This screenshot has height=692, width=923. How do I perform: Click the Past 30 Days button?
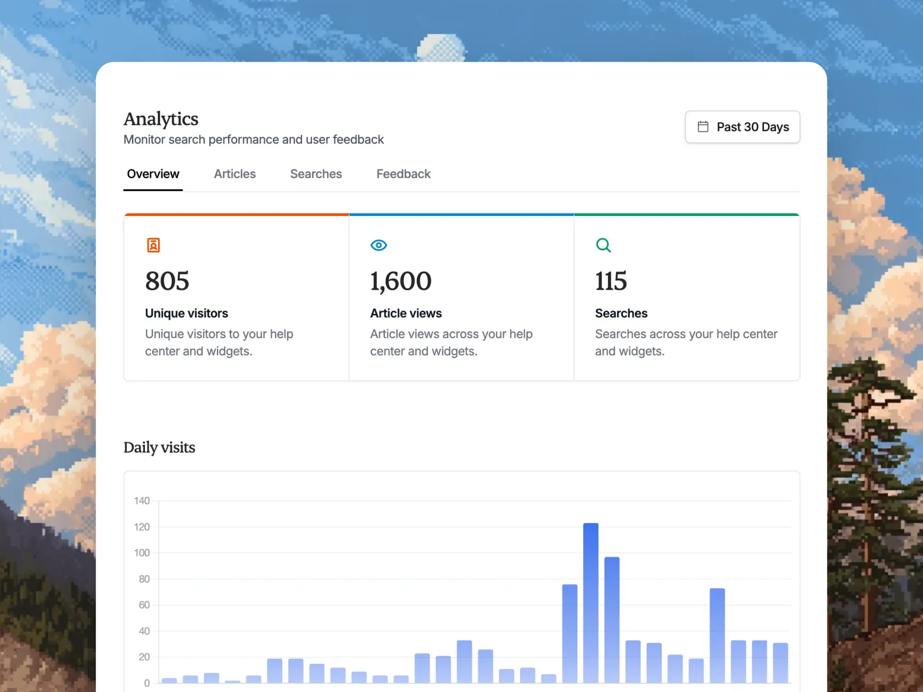pyautogui.click(x=742, y=127)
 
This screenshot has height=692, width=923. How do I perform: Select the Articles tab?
pyautogui.click(x=234, y=174)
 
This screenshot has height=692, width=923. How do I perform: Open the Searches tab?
pyautogui.click(x=316, y=174)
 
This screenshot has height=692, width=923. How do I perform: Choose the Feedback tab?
pyautogui.click(x=403, y=174)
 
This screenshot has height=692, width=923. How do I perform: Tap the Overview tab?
pyautogui.click(x=153, y=174)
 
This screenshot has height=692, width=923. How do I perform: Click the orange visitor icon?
pyautogui.click(x=153, y=245)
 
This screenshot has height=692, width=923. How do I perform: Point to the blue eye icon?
pyautogui.click(x=378, y=245)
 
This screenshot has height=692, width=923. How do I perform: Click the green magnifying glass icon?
pyautogui.click(x=603, y=245)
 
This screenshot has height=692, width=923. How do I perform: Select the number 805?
pyautogui.click(x=167, y=281)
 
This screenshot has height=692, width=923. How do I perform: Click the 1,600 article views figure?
pyautogui.click(x=401, y=281)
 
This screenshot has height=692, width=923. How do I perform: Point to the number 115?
pyautogui.click(x=611, y=281)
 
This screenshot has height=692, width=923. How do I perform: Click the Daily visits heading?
pyautogui.click(x=159, y=447)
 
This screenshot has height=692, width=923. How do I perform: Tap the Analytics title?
pyautogui.click(x=161, y=119)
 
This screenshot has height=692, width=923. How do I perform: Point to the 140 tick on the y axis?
pyautogui.click(x=142, y=501)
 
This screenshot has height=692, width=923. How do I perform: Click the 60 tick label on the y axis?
pyautogui.click(x=144, y=605)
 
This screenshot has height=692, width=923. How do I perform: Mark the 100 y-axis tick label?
pyautogui.click(x=142, y=553)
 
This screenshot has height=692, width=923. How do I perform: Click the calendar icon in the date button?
pyautogui.click(x=703, y=127)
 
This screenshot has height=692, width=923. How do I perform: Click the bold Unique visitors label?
pyautogui.click(x=186, y=313)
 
